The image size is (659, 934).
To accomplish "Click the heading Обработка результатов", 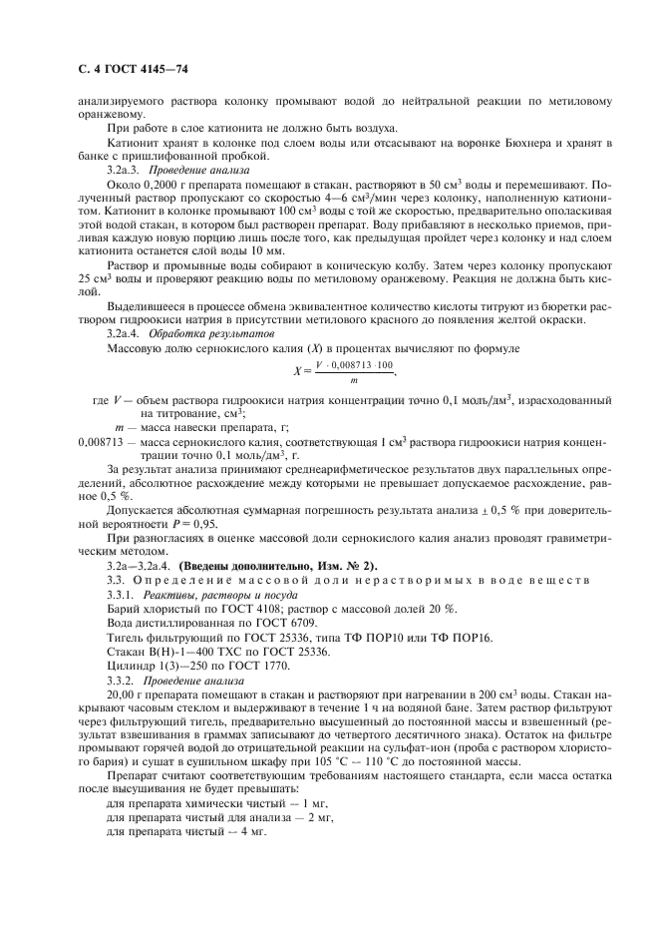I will click(190, 329).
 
